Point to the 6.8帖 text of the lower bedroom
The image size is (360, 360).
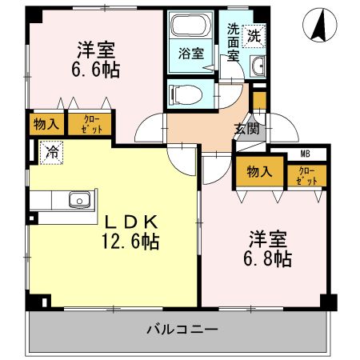tap(268, 258)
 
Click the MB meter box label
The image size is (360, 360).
tap(305, 154)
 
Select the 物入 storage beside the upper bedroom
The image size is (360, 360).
tap(43, 123)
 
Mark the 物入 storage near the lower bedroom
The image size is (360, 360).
tap(259, 173)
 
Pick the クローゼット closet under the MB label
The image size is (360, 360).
tap(306, 175)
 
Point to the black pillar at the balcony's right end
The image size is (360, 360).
tap(327, 302)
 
